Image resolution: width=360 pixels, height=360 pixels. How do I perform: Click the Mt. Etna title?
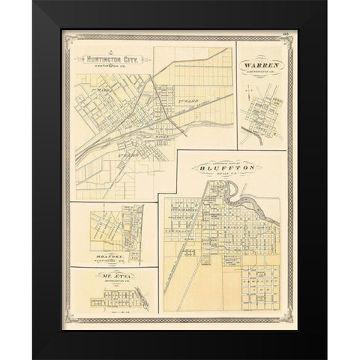click(110, 277)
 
